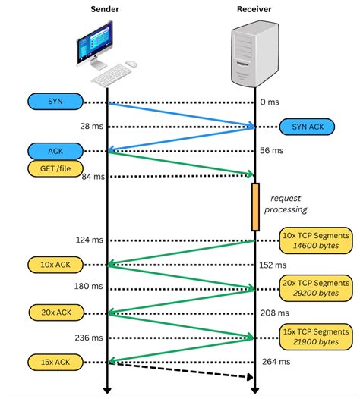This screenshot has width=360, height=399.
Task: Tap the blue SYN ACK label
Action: [x=306, y=127]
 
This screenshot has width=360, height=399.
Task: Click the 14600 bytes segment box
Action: [x=317, y=241]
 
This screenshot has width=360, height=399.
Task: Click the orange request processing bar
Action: [x=255, y=206]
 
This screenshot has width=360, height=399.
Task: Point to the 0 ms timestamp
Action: [x=270, y=102]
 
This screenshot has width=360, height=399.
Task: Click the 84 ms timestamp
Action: [x=90, y=177]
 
